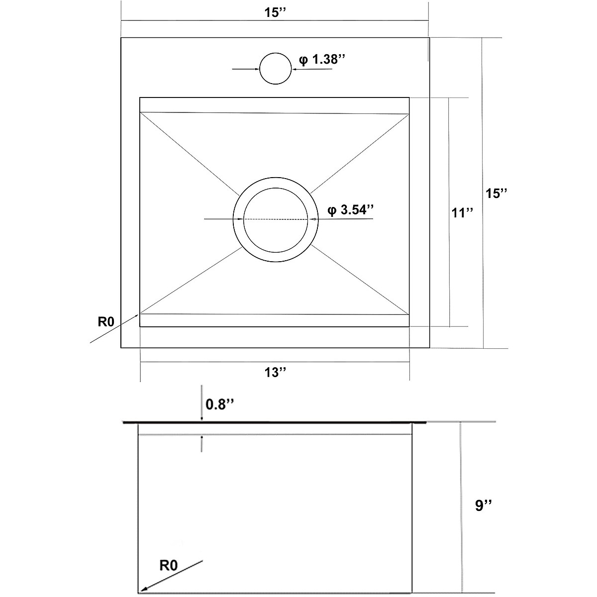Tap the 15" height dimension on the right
(496, 193)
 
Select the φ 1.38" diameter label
(322, 60)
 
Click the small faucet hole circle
(275, 69)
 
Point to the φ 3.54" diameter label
(350, 210)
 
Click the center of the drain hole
(276, 219)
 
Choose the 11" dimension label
(462, 213)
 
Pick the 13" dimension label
(275, 372)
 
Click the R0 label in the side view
(169, 565)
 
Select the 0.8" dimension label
(219, 405)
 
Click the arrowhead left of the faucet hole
(256, 69)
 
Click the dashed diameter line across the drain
(276, 219)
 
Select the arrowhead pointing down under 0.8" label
(201, 420)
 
